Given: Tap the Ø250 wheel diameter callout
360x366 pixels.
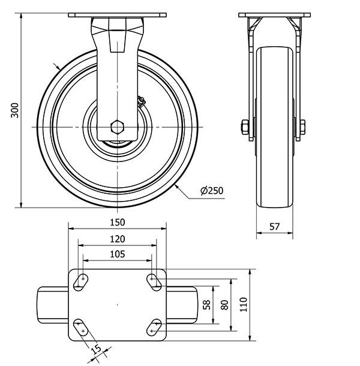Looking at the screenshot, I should coord(212,191).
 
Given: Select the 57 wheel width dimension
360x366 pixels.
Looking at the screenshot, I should coord(275,227).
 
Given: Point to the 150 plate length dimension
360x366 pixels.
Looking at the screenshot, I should coord(117,222).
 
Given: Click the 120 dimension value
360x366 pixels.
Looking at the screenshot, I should coord(117,239).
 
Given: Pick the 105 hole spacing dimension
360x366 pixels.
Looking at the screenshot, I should coord(117,254).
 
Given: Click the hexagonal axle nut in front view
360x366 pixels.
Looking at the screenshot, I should coord(117,127).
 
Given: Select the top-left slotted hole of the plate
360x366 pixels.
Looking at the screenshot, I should coord(82,281).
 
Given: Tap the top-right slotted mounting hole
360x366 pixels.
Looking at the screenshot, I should coord(153,281).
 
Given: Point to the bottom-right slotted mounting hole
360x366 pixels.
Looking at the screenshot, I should coord(154,328).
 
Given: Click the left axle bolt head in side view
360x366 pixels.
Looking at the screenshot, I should coord(244,127).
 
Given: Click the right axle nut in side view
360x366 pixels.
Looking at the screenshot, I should coord(302,127).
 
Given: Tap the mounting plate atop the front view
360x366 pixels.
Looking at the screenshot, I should coord(117,15).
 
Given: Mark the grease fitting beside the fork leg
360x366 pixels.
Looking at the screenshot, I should coord(142,102).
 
